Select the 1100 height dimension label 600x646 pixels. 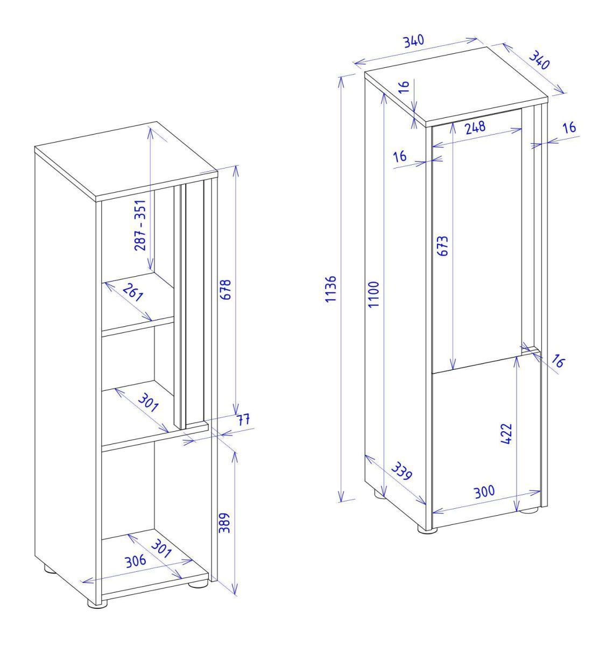pos(374,294)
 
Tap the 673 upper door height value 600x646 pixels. pos(442,245)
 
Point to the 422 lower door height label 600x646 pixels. pos(506,433)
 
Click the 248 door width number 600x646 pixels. pos(475,127)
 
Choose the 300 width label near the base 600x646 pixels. pos(484,492)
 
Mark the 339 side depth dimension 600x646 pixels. pos(401,471)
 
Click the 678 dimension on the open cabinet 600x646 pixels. pos(225,289)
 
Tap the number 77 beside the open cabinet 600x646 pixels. pos(243,419)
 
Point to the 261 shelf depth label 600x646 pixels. pos(132,293)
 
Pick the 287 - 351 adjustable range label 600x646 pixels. pos(140,225)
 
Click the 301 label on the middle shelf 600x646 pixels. pos(149,402)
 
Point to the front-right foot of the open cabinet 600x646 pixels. pos(197,584)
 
